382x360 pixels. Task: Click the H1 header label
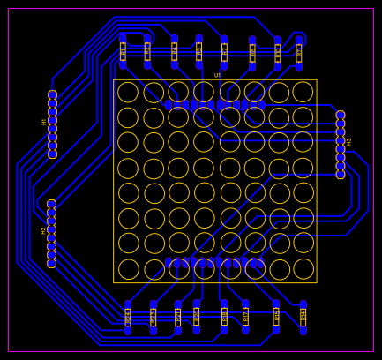click(44, 123)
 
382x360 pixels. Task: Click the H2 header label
click(43, 230)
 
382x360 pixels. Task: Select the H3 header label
click(349, 141)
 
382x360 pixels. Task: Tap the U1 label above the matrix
click(217, 75)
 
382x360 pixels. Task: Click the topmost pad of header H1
click(52, 94)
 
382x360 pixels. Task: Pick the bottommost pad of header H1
click(52, 154)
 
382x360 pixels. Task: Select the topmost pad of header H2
click(51, 204)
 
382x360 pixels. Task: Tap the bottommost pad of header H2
click(51, 263)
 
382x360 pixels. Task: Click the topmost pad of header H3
click(341, 116)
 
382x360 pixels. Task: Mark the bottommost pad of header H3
click(341, 175)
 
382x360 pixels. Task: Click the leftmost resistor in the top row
click(123, 51)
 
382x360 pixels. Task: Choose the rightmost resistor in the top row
click(298, 51)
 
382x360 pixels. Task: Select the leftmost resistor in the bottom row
click(128, 317)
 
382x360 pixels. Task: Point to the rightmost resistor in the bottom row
click(303, 317)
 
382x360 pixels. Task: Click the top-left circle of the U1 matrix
click(128, 92)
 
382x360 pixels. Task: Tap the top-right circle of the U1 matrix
click(303, 92)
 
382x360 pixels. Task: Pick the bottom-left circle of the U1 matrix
click(128, 269)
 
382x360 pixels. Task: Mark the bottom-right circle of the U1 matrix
click(303, 269)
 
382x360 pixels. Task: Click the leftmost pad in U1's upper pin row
click(169, 104)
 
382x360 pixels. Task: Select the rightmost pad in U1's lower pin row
click(261, 263)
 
